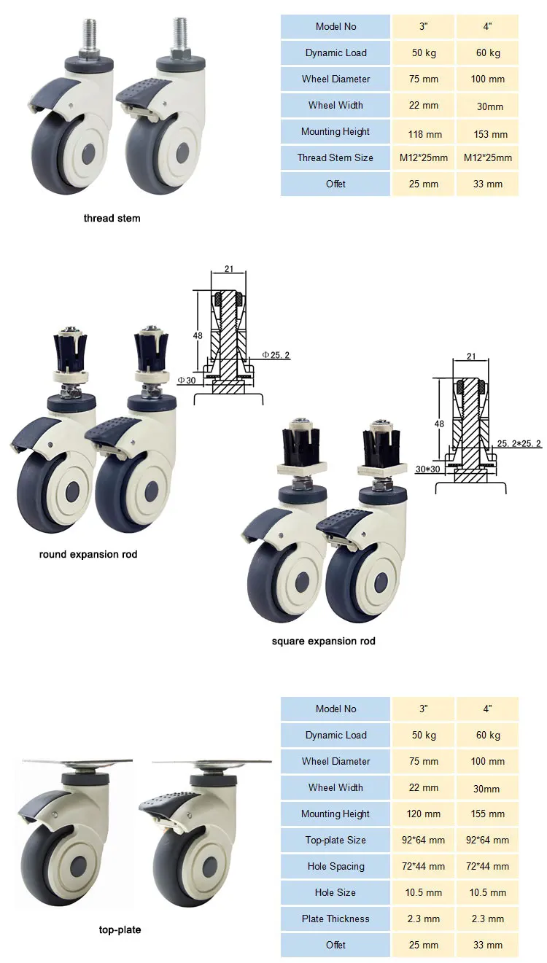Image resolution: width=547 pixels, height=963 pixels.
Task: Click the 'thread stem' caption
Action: (112, 218)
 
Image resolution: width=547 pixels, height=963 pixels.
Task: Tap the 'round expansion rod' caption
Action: (88, 554)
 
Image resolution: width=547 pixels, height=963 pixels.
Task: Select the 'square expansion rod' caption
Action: (323, 642)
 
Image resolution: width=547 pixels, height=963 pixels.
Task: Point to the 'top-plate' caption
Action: (120, 929)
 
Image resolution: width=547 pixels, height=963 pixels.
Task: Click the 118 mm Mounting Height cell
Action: (424, 134)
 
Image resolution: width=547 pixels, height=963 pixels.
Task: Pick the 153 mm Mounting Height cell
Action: (488, 134)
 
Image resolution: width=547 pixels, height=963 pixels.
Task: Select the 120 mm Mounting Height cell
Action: (424, 814)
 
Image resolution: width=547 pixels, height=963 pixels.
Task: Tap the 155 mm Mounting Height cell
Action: (488, 814)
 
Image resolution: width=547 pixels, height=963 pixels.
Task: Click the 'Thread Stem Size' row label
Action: (335, 157)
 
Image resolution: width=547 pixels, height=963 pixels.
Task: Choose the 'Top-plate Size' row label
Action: (335, 840)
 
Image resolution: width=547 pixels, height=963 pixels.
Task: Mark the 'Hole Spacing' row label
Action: (335, 866)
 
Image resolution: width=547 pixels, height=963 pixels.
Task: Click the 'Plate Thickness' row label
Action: (335, 919)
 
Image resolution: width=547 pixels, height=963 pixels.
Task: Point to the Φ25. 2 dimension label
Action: (276, 355)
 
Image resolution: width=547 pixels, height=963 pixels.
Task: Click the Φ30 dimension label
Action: (187, 381)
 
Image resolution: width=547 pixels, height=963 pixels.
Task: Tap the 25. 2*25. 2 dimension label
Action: (519, 443)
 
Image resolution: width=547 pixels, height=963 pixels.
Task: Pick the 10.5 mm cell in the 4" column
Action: (488, 892)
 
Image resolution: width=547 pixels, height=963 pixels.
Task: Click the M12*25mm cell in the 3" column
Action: (424, 157)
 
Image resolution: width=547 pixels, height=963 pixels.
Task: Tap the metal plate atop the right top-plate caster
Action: (212, 763)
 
